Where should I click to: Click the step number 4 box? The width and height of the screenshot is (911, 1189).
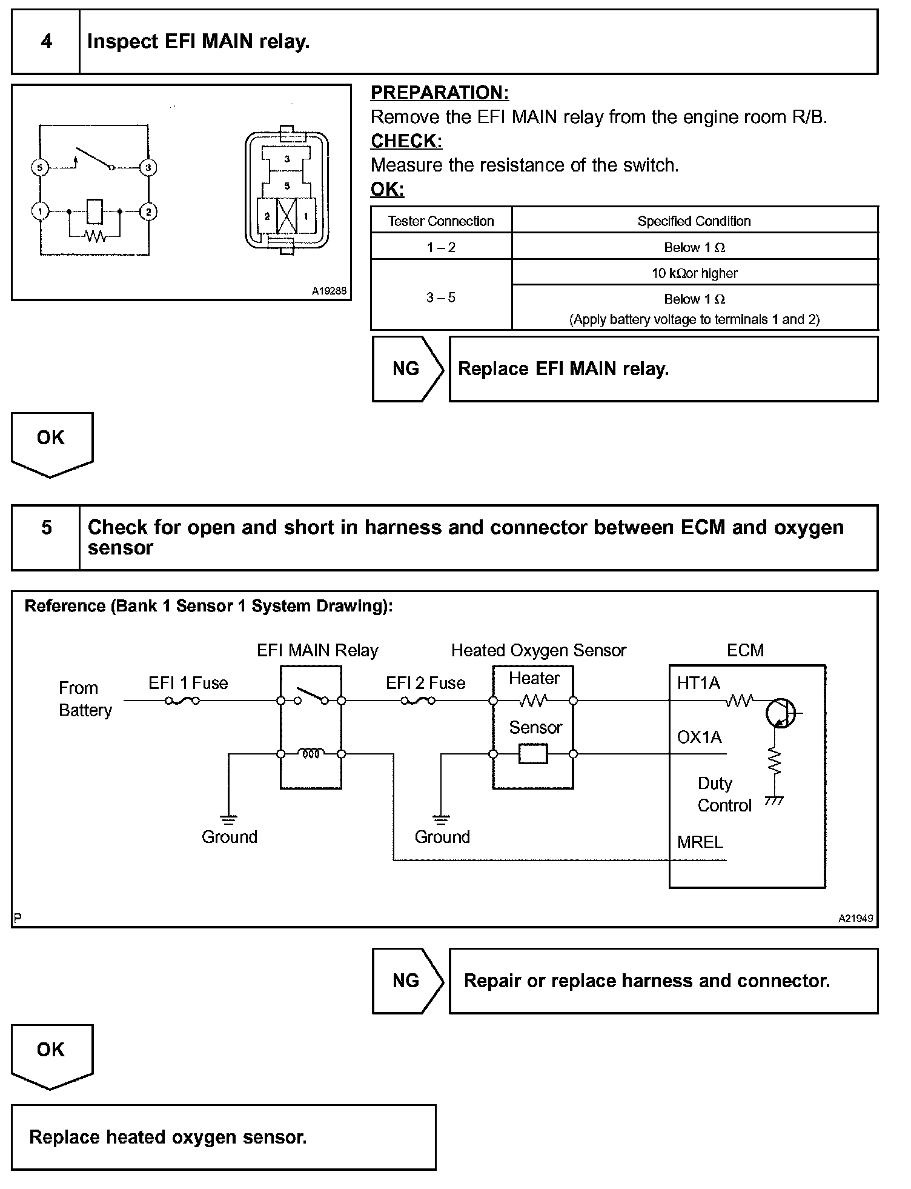46,42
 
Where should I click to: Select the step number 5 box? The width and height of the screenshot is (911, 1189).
46,538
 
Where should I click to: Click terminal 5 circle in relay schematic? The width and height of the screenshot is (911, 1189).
40,167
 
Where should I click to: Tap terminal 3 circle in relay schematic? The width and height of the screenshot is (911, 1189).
148,167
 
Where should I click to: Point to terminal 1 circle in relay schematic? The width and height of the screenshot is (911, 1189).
40,211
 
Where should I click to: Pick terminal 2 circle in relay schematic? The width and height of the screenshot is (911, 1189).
148,211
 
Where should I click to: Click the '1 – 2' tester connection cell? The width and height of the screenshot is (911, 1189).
441,247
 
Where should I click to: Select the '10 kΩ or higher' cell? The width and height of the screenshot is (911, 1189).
694,273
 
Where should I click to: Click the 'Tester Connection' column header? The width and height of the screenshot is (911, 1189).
441,221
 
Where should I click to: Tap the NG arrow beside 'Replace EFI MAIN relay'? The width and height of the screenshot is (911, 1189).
407,369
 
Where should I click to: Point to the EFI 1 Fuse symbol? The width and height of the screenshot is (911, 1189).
182,701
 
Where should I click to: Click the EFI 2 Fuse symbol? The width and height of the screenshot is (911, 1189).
418,701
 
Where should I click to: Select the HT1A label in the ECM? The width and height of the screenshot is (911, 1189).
698,684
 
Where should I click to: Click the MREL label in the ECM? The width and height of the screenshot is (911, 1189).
700,842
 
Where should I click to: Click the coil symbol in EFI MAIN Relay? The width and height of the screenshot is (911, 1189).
311,754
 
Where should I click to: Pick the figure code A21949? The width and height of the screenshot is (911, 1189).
855,918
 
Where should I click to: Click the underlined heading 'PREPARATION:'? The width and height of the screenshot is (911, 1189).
440,93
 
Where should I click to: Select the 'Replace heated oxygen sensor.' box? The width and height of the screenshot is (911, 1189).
224,1137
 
